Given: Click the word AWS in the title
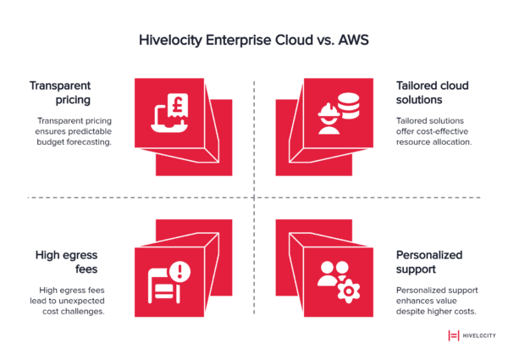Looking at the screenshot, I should (x=351, y=39).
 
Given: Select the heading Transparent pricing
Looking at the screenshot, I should (x=60, y=93).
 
